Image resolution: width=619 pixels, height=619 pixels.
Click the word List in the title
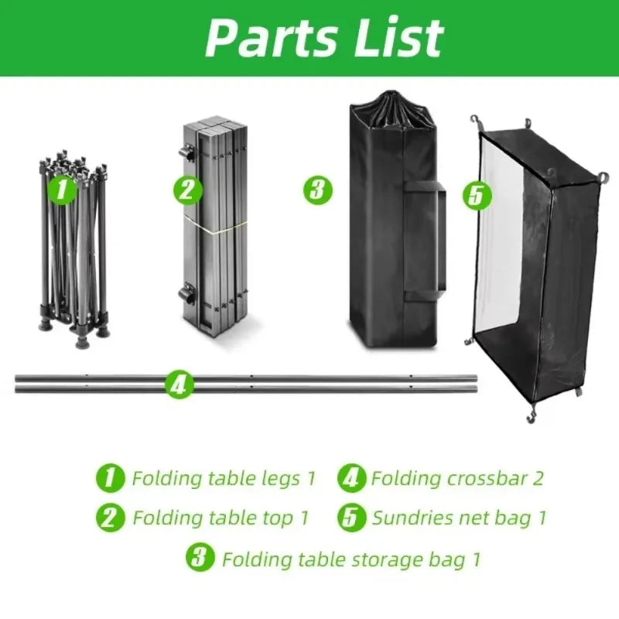tap(395, 36)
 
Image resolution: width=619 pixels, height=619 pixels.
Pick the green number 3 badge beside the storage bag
tap(316, 190)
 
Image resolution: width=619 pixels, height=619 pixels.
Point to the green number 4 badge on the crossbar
tap(179, 383)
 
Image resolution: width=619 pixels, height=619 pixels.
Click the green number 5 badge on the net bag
tap(477, 195)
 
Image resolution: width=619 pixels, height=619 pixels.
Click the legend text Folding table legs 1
tap(223, 478)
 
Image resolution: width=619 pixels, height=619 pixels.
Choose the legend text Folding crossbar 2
tap(457, 478)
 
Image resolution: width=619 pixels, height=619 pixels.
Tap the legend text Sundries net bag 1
tap(459, 518)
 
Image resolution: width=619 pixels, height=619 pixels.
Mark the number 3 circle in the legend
tap(200, 558)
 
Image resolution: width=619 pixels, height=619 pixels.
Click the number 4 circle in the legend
tap(351, 477)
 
